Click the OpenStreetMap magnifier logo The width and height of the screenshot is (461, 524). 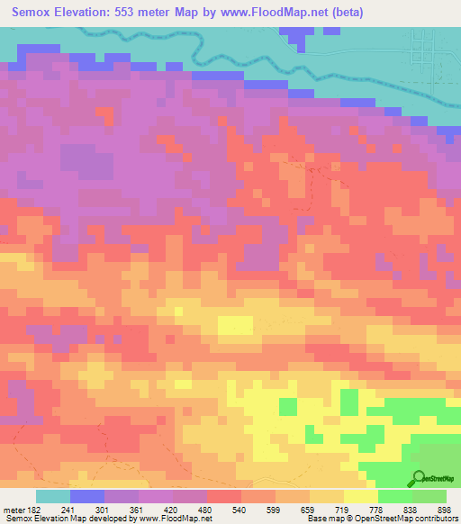pyautogui.click(x=420, y=478)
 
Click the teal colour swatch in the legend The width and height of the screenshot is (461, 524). pyautogui.click(x=52, y=496)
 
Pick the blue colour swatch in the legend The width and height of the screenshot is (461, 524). pyautogui.click(x=87, y=496)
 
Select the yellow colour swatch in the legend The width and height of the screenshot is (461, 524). pyautogui.click(x=361, y=496)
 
